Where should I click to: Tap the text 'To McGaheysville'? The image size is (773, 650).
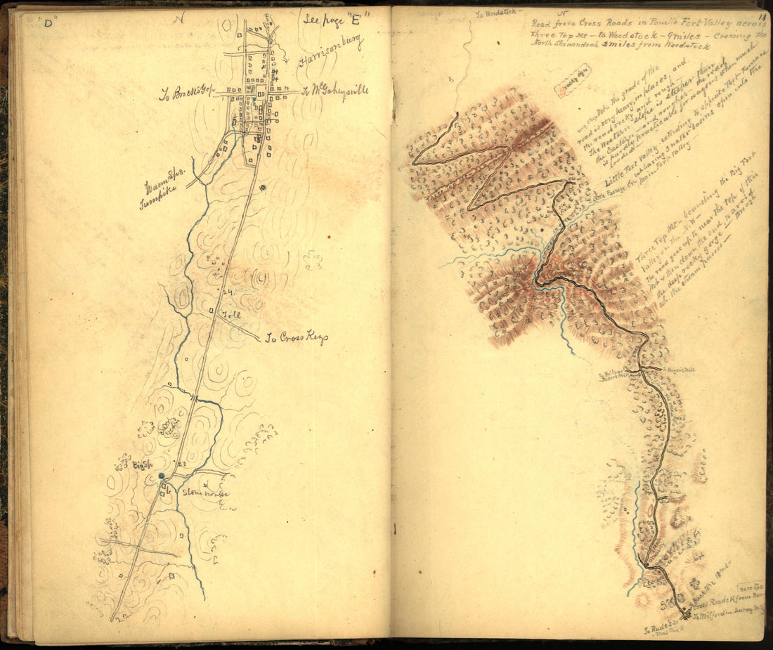tap(336, 91)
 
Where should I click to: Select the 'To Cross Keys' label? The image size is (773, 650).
tap(296, 338)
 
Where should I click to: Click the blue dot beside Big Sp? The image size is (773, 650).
tap(162, 476)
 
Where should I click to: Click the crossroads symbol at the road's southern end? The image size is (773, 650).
tap(685, 615)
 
